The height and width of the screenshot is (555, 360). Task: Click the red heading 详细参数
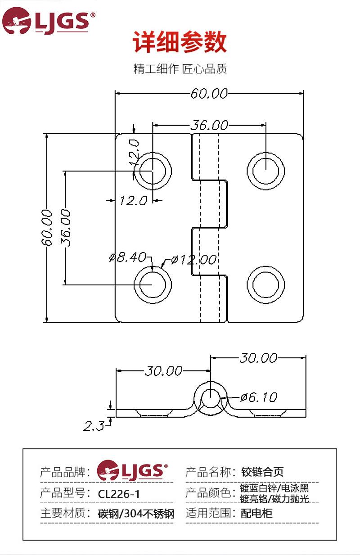click(180, 44)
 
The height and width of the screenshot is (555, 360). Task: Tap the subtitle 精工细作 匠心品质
click(180, 69)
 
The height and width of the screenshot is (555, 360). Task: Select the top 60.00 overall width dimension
click(209, 94)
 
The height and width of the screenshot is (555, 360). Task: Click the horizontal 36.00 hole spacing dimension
click(209, 125)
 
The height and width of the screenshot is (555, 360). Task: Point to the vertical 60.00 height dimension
click(47, 227)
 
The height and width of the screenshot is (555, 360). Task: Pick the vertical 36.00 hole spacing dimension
click(66, 227)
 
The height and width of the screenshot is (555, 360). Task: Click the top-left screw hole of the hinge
click(153, 171)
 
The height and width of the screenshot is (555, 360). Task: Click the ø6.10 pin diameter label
click(258, 397)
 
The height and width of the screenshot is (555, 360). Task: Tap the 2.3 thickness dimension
click(94, 425)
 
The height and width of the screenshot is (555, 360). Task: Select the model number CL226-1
click(119, 494)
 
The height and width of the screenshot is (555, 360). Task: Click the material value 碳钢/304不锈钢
click(136, 514)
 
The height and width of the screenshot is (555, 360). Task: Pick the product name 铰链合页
click(262, 472)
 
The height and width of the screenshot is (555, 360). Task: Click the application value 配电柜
click(256, 514)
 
